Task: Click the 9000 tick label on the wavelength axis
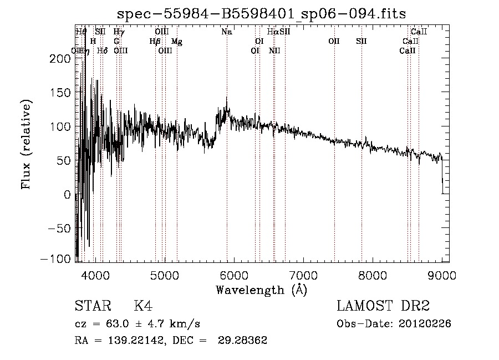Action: click(442, 275)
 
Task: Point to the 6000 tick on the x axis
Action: click(233, 275)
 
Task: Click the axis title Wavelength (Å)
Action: click(261, 290)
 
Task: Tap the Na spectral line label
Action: click(226, 32)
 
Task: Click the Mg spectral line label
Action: click(176, 42)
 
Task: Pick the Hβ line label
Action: click(155, 42)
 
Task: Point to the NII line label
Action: click(274, 51)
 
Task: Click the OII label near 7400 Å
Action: click(334, 42)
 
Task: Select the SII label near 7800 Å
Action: click(361, 42)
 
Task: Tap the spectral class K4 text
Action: click(143, 306)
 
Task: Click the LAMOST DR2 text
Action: click(383, 306)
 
